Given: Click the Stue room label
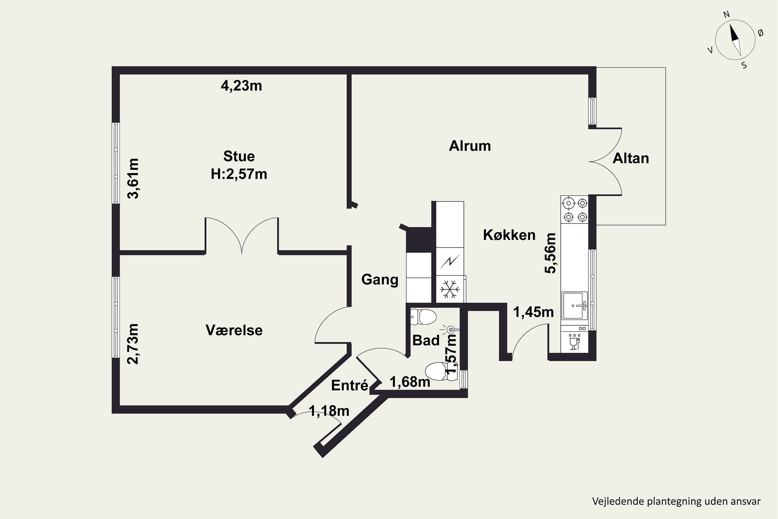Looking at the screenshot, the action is (239, 156).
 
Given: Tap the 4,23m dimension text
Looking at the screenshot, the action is (241, 86).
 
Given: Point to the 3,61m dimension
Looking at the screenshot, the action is (133, 179).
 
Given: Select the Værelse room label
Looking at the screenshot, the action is (234, 330).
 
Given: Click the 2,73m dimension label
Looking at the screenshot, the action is (133, 344).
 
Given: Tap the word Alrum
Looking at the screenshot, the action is (470, 146).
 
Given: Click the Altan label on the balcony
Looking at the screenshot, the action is (630, 159).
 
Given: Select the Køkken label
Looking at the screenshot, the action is (509, 235).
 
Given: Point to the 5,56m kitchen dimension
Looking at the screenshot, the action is (551, 253).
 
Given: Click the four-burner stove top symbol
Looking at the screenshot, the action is (575, 209).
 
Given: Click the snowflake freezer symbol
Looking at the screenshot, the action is (450, 289).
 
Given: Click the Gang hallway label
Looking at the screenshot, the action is (380, 280).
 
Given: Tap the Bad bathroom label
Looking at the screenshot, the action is (426, 340).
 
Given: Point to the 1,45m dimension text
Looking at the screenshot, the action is (533, 312).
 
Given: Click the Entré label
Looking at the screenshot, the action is (350, 385).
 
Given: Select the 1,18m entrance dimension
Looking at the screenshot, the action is (329, 411).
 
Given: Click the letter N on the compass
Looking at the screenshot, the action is (726, 24).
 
